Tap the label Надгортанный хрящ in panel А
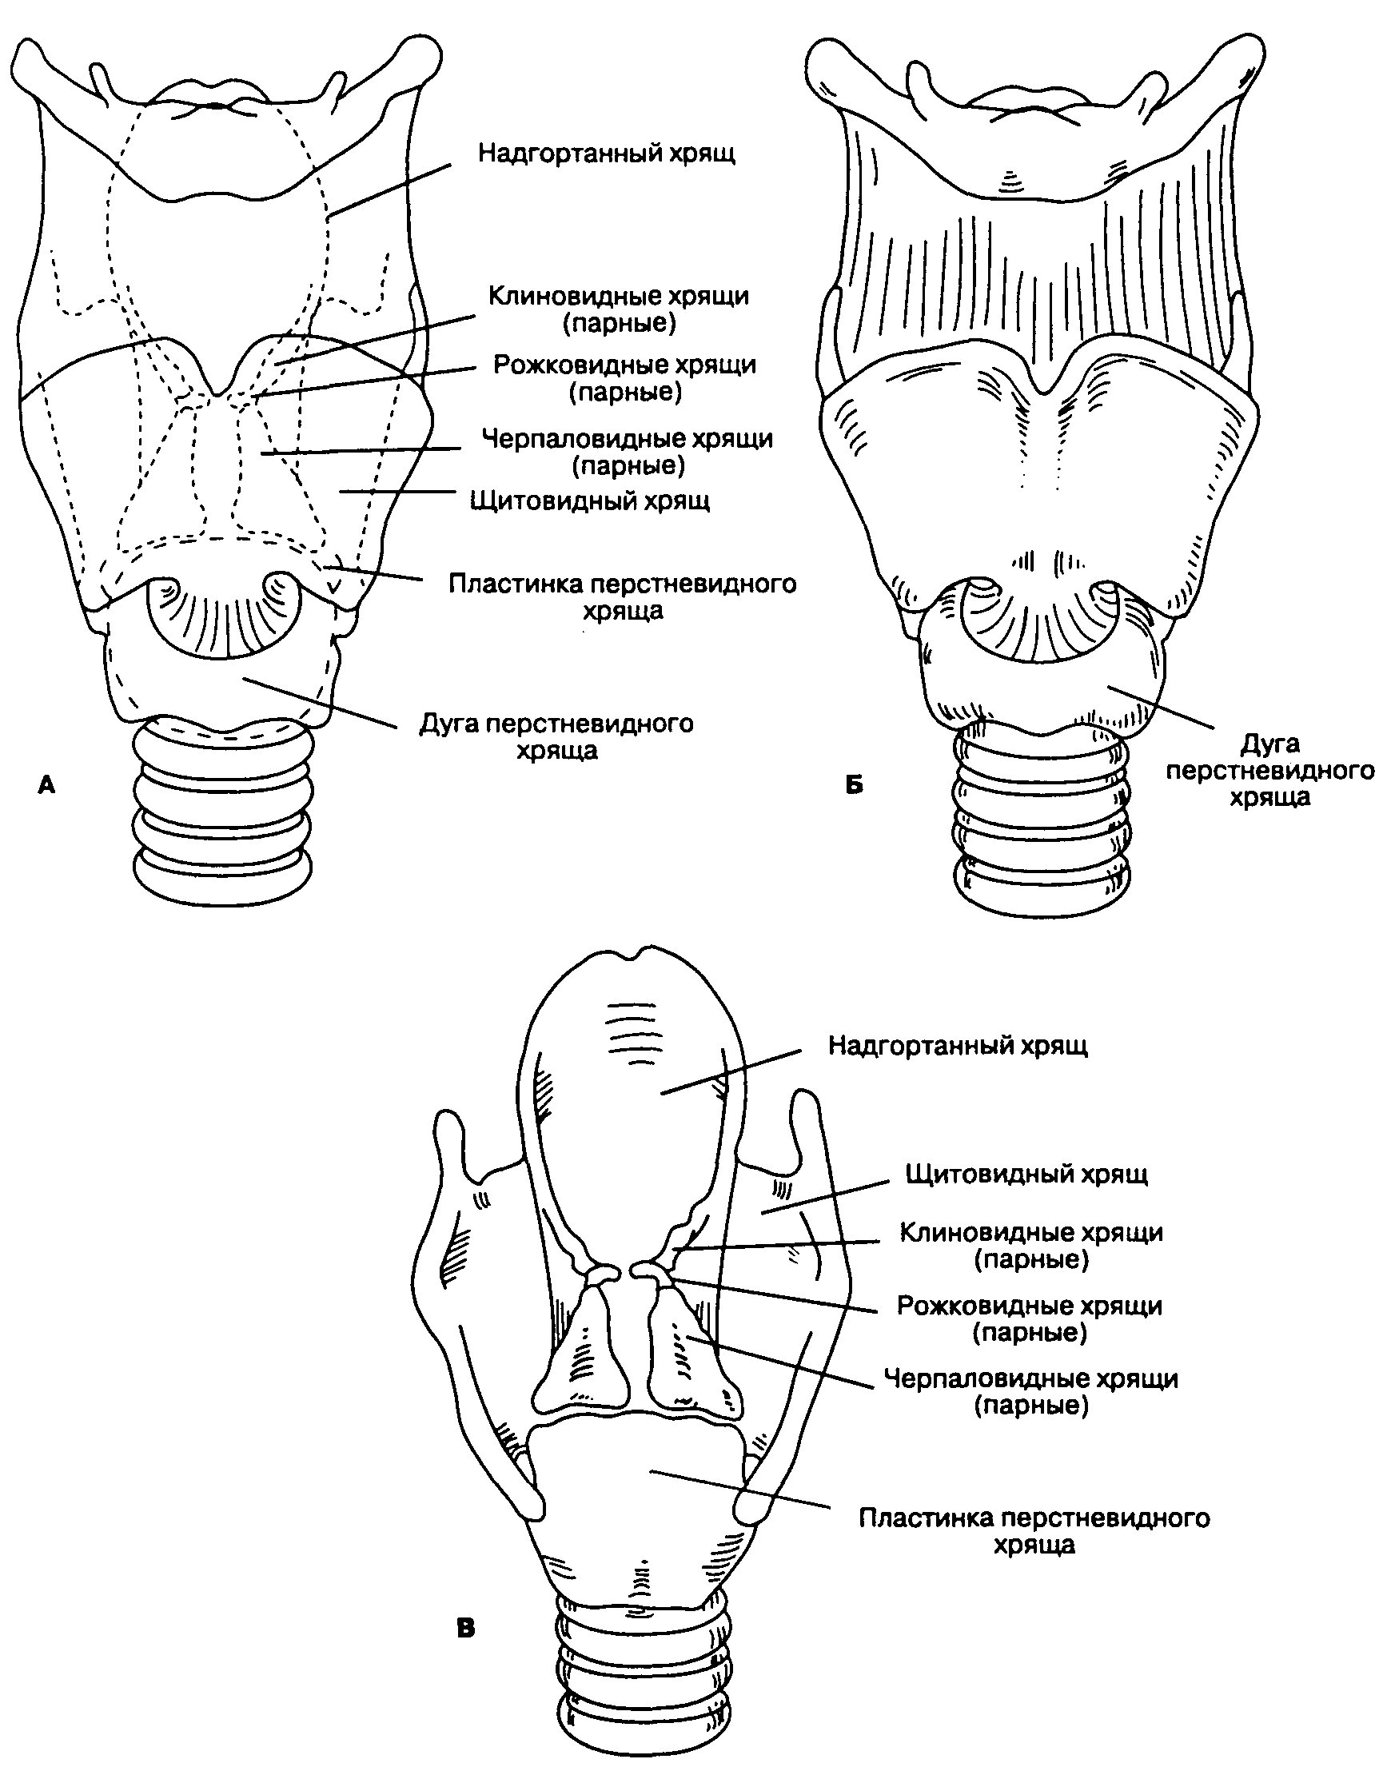pos(607,154)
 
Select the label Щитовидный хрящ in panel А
pos(591,500)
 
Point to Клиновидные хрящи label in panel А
pos(619,309)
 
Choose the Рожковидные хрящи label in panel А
pos(624,378)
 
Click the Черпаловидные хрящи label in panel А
pos(628,452)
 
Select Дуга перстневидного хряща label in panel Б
pos(1269,770)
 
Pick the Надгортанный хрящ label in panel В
pos(958,1045)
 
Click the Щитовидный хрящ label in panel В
pos(1027,1174)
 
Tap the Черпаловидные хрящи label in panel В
pos(1031,1392)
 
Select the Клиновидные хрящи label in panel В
pos(1031,1246)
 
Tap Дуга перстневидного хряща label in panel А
pos(556,736)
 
